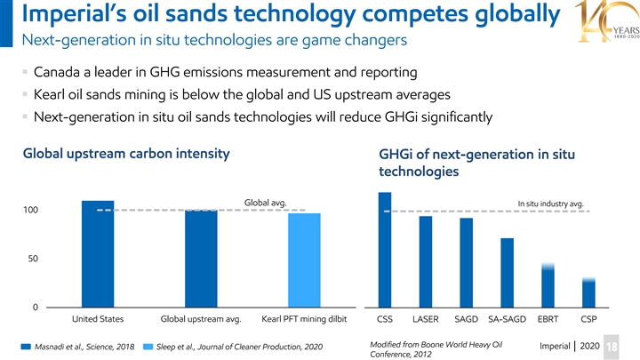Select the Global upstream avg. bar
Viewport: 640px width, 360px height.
(201, 259)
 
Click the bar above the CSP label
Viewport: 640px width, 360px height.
(588, 292)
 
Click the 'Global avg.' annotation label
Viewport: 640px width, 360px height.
(264, 203)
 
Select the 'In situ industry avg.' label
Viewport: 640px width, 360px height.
(549, 204)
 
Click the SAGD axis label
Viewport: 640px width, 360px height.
(467, 319)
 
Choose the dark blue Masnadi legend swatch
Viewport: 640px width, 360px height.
(27, 346)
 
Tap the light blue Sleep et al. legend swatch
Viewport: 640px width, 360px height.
(148, 346)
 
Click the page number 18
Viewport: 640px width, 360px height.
(628, 346)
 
